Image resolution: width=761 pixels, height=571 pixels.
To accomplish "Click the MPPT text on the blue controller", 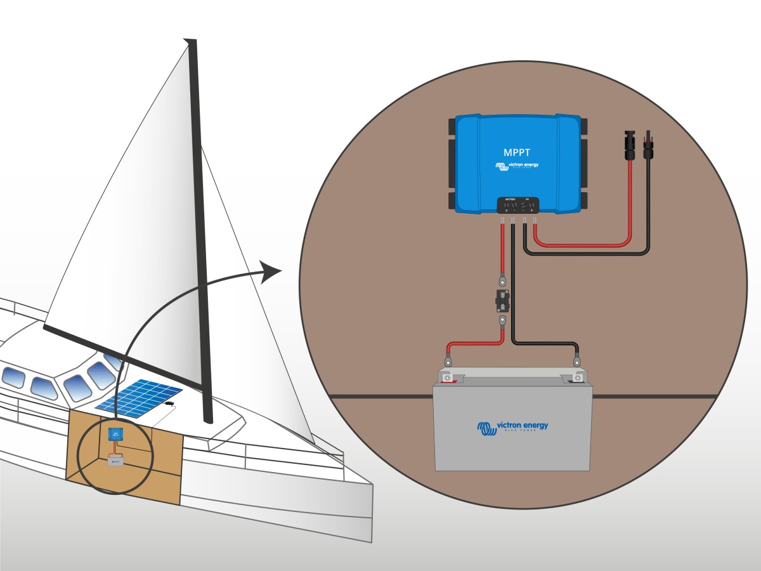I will point(517,152).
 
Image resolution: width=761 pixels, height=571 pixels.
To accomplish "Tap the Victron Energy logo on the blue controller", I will point(517,166).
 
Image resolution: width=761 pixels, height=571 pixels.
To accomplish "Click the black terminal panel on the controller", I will point(517,205).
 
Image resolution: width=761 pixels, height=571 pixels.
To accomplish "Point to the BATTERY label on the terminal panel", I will point(510,200).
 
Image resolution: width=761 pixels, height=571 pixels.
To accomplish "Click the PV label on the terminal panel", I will point(526,200).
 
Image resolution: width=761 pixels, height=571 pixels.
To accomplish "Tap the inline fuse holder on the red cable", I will point(502,299).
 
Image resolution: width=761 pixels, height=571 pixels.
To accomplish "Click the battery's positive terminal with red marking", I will point(448,378).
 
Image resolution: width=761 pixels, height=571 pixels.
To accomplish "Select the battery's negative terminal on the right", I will point(577,378).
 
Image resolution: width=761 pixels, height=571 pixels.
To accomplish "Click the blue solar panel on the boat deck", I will point(140,398).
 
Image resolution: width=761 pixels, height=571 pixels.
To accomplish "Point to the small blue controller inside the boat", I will point(115,435).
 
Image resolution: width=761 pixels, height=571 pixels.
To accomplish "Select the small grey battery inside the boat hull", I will point(115,462).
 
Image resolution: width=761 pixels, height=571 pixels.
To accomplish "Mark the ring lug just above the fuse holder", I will point(502,279).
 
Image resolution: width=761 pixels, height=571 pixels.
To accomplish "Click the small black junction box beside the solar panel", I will point(169,403).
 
